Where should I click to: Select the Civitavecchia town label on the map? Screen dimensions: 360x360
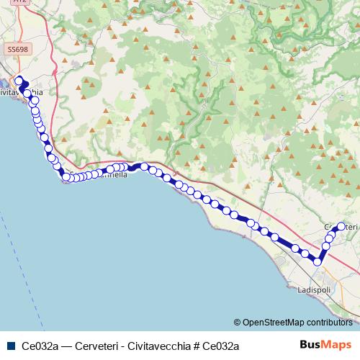point(22,93)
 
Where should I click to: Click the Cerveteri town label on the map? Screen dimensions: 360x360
point(341,228)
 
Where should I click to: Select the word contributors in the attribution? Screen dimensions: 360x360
point(328,322)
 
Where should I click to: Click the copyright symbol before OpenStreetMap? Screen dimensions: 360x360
point(238,322)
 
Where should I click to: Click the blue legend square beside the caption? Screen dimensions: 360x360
point(10,346)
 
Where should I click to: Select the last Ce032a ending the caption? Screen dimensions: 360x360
point(220,346)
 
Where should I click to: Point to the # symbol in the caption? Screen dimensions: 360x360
point(195,346)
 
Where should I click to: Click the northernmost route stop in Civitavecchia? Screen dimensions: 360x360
point(19,81)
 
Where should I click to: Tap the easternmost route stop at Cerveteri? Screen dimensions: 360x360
point(341,227)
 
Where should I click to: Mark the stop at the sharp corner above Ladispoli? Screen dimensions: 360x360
point(317,260)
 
